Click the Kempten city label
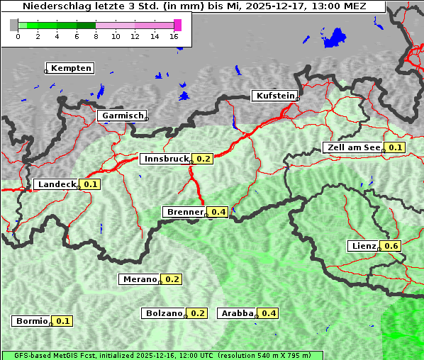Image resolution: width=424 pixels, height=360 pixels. click(70, 68)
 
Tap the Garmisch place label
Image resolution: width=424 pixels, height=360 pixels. click(122, 116)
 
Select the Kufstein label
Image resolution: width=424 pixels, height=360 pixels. click(274, 96)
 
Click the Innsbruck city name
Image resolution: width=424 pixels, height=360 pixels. click(165, 159)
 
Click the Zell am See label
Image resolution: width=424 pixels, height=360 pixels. click(352, 147)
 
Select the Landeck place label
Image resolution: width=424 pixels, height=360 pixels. click(56, 184)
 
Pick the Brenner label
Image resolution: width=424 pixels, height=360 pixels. click(184, 212)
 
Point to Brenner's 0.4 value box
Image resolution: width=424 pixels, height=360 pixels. click(218, 212)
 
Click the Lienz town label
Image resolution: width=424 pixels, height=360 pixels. click(364, 246)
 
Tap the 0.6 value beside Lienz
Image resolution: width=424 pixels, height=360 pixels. click(392, 246)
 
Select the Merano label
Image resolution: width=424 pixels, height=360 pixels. click(139, 279)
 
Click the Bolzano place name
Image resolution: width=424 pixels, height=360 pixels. click(164, 313)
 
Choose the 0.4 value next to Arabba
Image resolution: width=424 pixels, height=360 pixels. click(269, 313)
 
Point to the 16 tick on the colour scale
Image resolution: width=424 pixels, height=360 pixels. click(174, 36)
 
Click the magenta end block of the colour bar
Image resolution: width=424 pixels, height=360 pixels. click(177, 25)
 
